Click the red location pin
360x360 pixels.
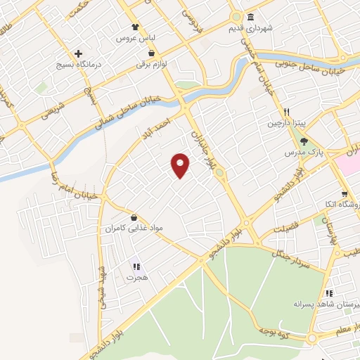(x=181, y=165)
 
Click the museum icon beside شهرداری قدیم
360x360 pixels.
(x=250, y=18)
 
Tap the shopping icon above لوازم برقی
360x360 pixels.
(x=151, y=52)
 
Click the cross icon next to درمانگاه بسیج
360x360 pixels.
(x=79, y=53)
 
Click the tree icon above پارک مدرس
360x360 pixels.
(x=303, y=141)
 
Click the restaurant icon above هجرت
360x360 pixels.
(x=136, y=266)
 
